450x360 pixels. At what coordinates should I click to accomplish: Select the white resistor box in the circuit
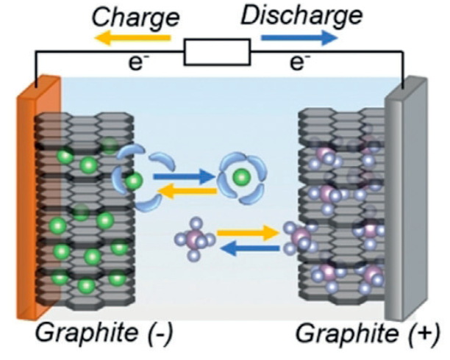click(x=218, y=54)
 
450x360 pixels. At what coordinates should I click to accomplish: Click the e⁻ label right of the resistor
click(x=298, y=65)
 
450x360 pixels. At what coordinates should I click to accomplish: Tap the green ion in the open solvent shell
click(x=133, y=181)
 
